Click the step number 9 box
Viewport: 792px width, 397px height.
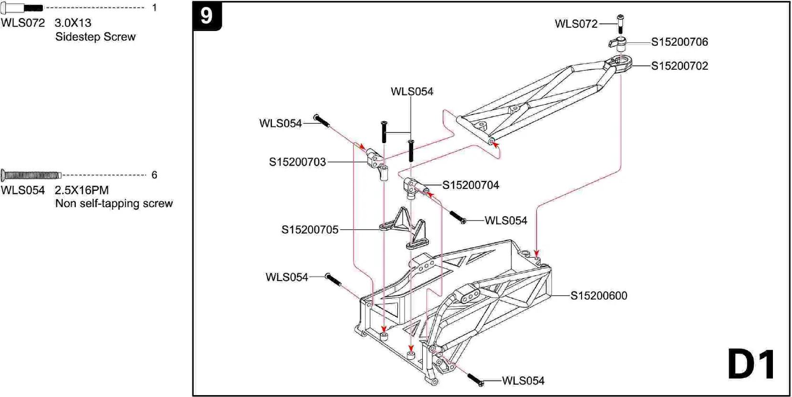click(207, 16)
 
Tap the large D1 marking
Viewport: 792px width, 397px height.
click(751, 365)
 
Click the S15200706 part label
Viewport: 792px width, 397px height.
click(679, 42)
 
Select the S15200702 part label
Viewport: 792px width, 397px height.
click(679, 66)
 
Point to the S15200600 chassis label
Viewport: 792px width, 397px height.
click(598, 296)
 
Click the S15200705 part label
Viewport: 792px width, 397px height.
click(310, 230)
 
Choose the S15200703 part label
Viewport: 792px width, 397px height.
click(297, 162)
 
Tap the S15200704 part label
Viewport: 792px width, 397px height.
click(470, 185)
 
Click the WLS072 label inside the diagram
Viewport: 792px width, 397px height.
click(576, 24)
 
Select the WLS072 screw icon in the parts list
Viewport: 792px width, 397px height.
click(21, 8)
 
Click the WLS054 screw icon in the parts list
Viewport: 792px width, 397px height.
click(31, 175)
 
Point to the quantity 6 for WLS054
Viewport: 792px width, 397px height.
click(154, 175)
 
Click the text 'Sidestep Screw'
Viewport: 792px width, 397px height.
click(95, 37)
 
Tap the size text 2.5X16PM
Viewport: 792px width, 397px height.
click(82, 190)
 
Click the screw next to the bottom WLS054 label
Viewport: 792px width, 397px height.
click(475, 380)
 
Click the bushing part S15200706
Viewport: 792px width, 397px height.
click(619, 44)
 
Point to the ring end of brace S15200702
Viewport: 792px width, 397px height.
click(621, 63)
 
